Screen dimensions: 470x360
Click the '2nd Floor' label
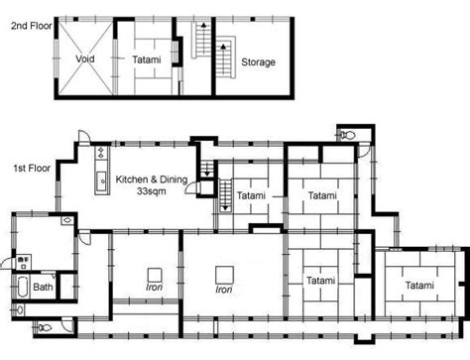[x=32, y=26]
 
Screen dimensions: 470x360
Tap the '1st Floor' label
[x=32, y=168]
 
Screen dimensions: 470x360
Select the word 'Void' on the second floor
[x=85, y=59]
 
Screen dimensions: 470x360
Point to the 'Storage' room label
[x=258, y=62]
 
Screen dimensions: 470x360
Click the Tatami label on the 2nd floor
[x=147, y=60]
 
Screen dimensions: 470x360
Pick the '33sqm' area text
[x=152, y=191]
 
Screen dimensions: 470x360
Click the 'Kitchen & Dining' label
[x=152, y=180]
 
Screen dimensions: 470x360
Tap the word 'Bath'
[x=43, y=287]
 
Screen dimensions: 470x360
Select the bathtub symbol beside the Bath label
[x=23, y=287]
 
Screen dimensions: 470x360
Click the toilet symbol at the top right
[x=347, y=134]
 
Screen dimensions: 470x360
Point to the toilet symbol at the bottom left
[x=45, y=328]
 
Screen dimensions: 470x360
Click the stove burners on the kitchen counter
[x=101, y=153]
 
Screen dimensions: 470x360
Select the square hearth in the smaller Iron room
[x=155, y=275]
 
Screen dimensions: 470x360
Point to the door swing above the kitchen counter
[x=84, y=137]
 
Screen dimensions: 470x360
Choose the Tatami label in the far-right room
[x=419, y=285]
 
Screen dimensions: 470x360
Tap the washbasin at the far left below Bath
[x=20, y=310]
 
